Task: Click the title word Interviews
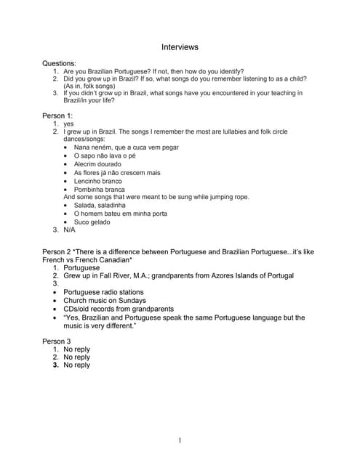click(180, 47)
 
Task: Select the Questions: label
click(59, 64)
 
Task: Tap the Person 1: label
click(57, 116)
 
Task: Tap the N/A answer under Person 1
click(69, 230)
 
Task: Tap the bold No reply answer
click(77, 365)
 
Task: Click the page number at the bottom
click(180, 440)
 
